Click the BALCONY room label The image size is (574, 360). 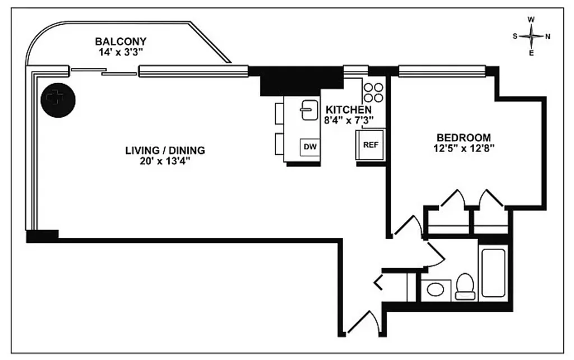(x=121, y=41)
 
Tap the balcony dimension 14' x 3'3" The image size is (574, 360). (x=121, y=52)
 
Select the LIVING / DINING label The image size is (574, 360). (x=165, y=150)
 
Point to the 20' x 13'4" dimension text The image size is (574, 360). (x=165, y=161)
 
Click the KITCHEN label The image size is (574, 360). (x=349, y=109)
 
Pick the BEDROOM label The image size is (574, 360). (x=464, y=137)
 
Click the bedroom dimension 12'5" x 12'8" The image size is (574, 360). (x=464, y=149)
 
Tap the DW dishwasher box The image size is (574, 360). (x=310, y=147)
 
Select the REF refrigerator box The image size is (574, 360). (x=371, y=145)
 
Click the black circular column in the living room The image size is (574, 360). (x=58, y=101)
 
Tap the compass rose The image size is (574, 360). (x=531, y=36)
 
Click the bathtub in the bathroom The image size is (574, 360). (x=493, y=273)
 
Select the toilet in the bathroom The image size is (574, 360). (x=465, y=287)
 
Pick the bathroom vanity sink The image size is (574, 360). (x=436, y=290)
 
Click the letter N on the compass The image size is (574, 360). (x=548, y=37)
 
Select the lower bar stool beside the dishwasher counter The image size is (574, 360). (x=280, y=144)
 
